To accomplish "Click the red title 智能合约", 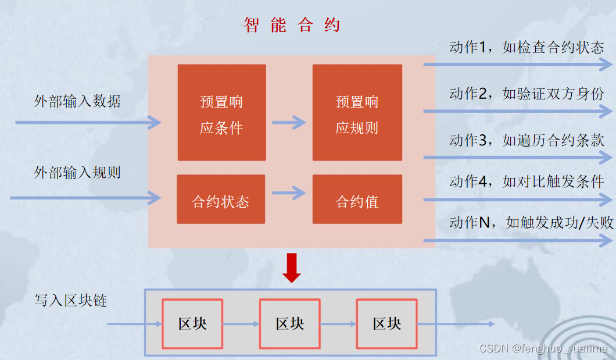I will click(x=292, y=25).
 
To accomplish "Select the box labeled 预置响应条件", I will click(x=221, y=113).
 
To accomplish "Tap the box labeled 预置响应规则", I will click(x=357, y=113).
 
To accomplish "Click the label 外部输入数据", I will click(x=77, y=101).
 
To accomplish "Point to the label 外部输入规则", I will click(x=77, y=173).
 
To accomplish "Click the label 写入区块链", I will click(x=70, y=301).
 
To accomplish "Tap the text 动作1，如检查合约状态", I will click(x=527, y=48).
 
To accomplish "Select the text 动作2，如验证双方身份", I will click(x=527, y=94).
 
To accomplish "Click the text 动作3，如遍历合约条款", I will click(x=527, y=140).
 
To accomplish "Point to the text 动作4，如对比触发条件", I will click(x=527, y=181).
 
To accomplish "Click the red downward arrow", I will click(x=291, y=268).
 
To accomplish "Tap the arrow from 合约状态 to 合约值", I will click(x=289, y=193).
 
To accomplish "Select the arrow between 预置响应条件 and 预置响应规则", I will click(x=289, y=122).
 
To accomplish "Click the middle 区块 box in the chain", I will click(x=289, y=324).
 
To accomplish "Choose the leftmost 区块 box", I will click(x=192, y=324).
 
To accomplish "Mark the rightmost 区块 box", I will click(x=387, y=324).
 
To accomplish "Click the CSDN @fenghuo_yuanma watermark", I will click(x=543, y=349).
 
